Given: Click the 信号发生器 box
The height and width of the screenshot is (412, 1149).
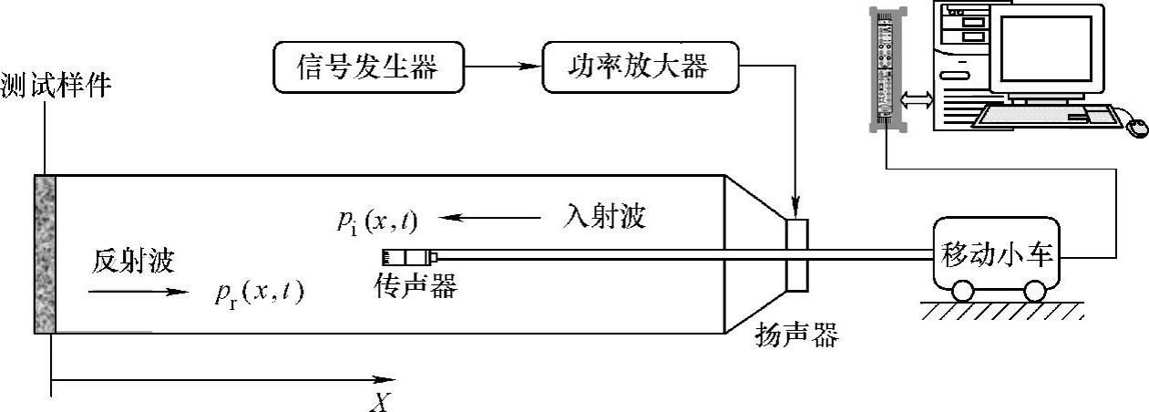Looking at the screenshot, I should [367, 67].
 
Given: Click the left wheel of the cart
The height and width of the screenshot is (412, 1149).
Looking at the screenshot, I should [960, 291].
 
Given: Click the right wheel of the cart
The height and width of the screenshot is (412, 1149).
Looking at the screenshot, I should [1034, 291].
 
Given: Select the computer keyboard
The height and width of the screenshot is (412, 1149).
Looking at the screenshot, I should [1039, 117].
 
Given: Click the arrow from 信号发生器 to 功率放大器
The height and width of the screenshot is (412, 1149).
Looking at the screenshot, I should [502, 67].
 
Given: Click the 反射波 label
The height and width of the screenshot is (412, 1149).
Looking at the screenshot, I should [133, 262].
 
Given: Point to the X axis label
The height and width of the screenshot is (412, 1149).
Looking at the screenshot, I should [379, 402].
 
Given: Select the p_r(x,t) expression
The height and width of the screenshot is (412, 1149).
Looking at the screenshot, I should [260, 294].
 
